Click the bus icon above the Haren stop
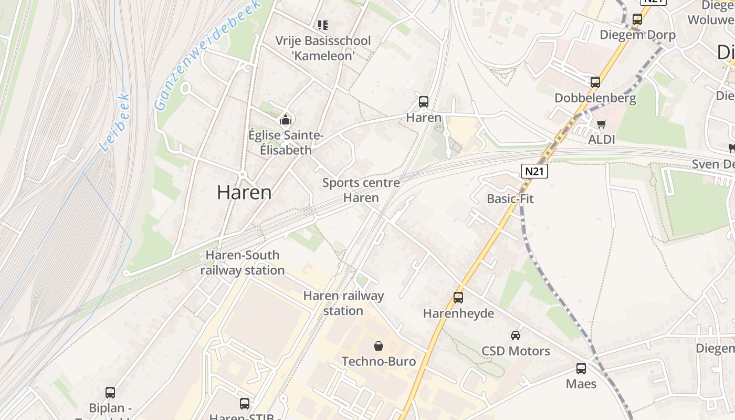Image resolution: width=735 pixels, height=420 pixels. pos(423,102)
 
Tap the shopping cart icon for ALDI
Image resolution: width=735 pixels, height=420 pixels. pos(601,124)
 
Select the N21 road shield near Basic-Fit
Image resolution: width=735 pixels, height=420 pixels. pos(534,171)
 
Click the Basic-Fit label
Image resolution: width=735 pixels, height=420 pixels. pos(510,199)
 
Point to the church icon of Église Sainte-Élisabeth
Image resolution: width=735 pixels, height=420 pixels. pos(285,120)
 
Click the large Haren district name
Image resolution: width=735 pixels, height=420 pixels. pos(244,193)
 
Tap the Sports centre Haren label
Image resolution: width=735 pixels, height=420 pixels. pos(361,190)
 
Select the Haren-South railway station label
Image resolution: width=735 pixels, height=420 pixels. pos(242,262)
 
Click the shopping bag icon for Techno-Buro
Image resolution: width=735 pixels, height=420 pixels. pos(378,346)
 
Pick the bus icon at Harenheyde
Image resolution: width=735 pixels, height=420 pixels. pos(458,298)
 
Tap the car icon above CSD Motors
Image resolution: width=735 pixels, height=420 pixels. pos(516,335)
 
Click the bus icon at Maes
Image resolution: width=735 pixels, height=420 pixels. pos(581,369)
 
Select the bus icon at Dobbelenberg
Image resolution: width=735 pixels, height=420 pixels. pos(595,82)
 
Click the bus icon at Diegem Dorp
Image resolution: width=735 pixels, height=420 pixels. pos(637,19)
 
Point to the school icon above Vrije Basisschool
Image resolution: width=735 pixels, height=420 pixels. pos(323,25)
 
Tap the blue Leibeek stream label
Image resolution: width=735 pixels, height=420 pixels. pos(114,123)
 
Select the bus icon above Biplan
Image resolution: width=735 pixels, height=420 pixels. pos(110,393)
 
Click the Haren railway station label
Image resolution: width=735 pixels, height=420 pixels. pos(343,303)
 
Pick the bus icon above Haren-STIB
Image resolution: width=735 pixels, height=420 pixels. pos(245,404)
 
